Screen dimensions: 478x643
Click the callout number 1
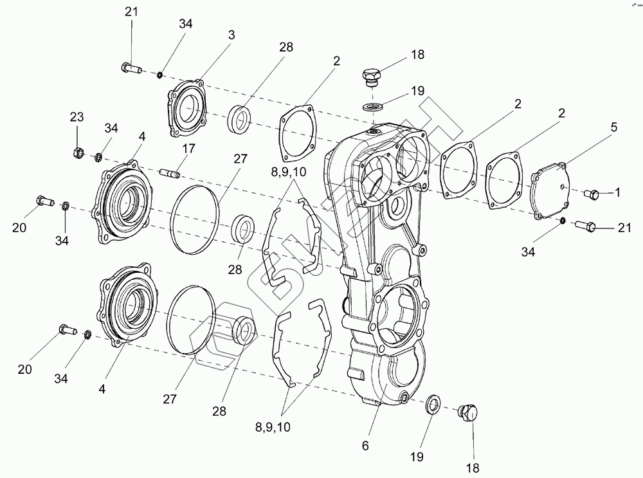tap(618, 192)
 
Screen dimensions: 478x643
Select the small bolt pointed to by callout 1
tap(592, 193)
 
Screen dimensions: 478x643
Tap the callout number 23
tap(77, 117)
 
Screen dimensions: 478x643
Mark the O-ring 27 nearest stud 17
tap(195, 210)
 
